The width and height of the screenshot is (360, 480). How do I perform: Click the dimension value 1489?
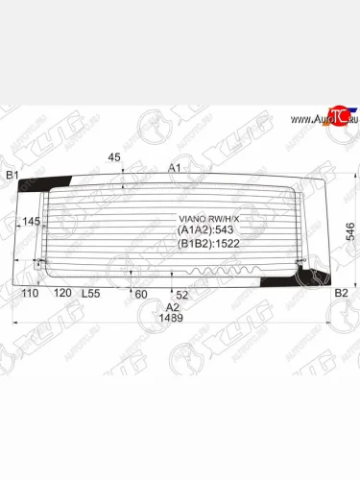click(171, 318)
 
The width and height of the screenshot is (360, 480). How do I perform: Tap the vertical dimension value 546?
click(350, 231)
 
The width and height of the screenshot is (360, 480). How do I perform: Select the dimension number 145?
click(32, 222)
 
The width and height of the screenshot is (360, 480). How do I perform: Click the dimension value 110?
click(30, 293)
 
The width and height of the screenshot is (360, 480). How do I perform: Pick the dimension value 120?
click(62, 293)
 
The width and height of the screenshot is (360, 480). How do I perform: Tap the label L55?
click(91, 293)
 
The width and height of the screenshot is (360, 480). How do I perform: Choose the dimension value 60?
click(140, 293)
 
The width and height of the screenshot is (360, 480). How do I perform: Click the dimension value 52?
click(181, 293)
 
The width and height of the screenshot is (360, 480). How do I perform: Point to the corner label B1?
click(13, 175)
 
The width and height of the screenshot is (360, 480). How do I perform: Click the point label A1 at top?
click(175, 168)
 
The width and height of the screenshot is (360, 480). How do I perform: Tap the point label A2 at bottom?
click(173, 306)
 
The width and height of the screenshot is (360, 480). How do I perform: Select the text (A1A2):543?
click(206, 230)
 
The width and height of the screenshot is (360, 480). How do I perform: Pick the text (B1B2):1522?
click(208, 245)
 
